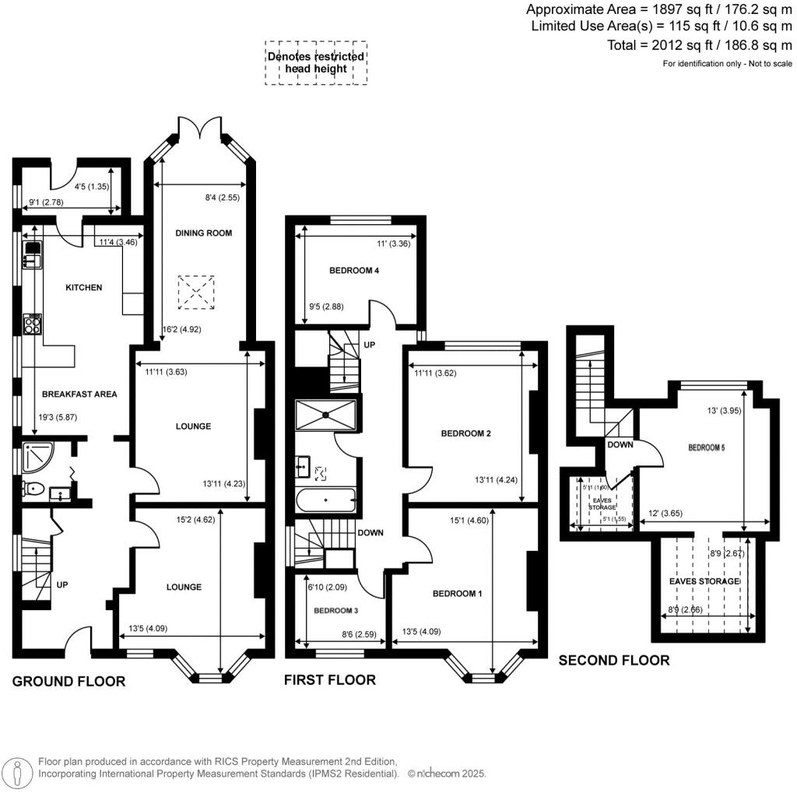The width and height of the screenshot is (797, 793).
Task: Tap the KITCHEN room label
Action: coord(83,287)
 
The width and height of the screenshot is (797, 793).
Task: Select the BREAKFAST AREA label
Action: coord(79,394)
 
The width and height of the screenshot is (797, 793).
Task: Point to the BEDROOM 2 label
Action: coord(465,433)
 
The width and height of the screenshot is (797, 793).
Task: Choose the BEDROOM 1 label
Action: coord(458,593)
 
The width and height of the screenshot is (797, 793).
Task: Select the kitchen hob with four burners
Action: coord(33,323)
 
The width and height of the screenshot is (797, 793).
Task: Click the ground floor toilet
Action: coord(33,489)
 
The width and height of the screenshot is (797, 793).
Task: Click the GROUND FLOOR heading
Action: coord(68,682)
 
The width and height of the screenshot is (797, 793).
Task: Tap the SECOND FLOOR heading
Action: coord(614,660)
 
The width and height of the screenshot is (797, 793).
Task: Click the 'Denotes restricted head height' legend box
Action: coord(315,62)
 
